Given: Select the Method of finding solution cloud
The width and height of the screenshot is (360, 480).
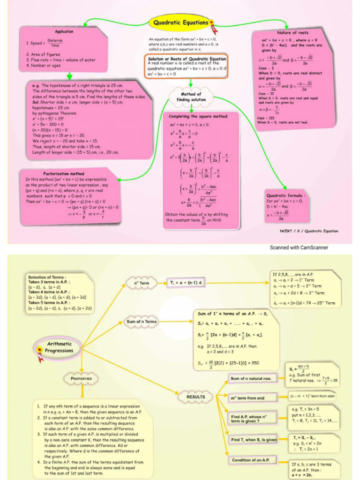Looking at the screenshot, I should click(x=191, y=97).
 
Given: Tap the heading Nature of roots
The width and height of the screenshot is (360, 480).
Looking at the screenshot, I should click(x=292, y=33).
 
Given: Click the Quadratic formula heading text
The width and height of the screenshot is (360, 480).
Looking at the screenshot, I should click(x=286, y=195).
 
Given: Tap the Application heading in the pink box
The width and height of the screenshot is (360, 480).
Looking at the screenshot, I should click(x=64, y=31).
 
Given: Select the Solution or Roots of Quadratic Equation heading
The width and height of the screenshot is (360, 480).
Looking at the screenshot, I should click(x=187, y=59).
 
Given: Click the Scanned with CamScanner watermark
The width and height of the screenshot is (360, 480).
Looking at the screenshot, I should click(x=299, y=247).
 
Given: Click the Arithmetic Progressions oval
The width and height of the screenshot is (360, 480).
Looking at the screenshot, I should click(x=60, y=347).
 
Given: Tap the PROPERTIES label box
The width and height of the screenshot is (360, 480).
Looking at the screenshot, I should click(x=81, y=378).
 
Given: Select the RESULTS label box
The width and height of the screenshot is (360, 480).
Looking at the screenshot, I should click(x=195, y=397).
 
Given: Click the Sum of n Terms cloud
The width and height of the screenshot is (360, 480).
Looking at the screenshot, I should click(x=142, y=322).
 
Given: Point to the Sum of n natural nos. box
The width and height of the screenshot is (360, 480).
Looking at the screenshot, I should click(x=252, y=378).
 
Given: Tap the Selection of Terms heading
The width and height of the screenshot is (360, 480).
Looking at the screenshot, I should click(x=47, y=277).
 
